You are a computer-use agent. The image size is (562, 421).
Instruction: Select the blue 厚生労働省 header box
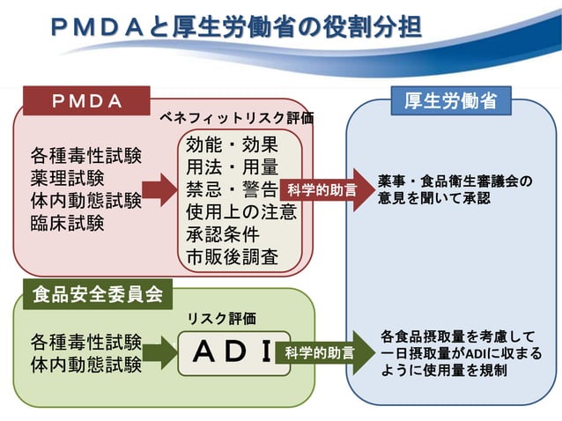(451, 101)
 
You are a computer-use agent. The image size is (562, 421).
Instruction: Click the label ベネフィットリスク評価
(235, 117)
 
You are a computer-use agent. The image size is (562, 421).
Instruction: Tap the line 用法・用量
(232, 167)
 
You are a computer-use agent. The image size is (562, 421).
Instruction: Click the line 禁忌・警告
(232, 189)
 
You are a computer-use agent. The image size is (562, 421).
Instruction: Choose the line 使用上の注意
(240, 212)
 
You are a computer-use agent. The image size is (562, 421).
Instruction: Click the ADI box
(233, 352)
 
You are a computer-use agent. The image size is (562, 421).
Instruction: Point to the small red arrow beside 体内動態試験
(159, 189)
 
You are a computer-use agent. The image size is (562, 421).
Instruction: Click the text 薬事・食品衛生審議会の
(455, 181)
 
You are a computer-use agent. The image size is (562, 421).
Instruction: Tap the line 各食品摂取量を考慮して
(458, 336)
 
